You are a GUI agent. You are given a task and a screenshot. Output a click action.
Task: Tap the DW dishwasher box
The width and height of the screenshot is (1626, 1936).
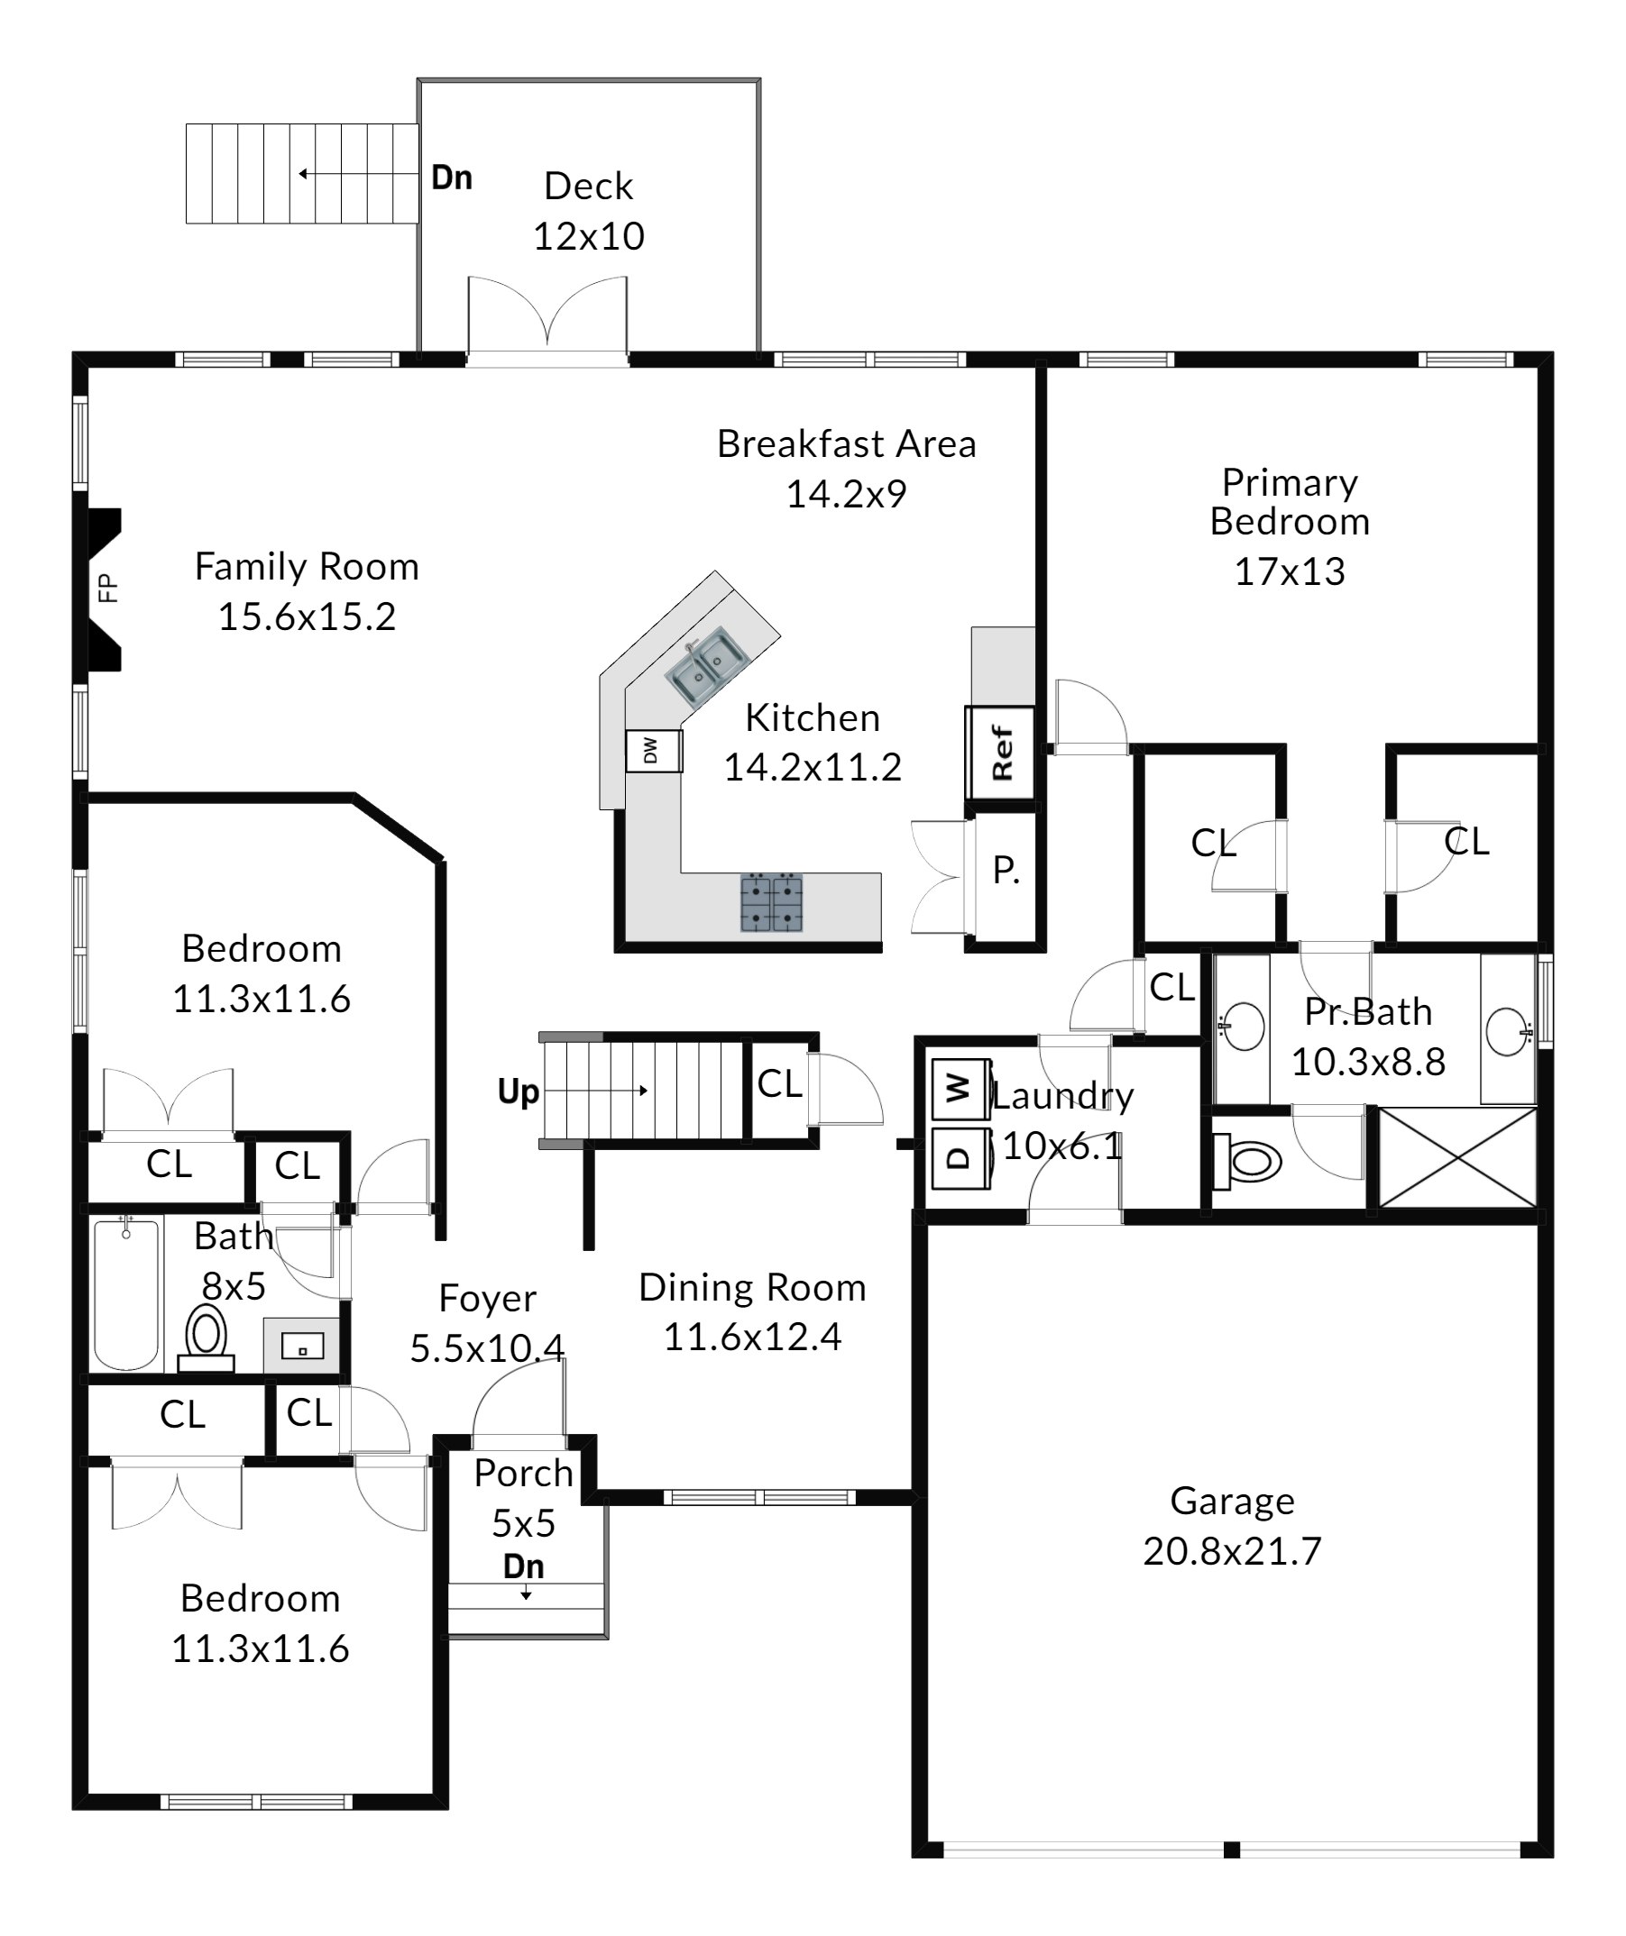[x=654, y=752]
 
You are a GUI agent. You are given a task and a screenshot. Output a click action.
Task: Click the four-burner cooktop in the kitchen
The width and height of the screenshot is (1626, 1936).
[x=772, y=902]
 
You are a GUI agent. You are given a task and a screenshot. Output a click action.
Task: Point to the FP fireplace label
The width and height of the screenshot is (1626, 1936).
[x=109, y=589]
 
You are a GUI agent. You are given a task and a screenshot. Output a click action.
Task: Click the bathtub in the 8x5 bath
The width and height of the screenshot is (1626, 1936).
[x=126, y=1293]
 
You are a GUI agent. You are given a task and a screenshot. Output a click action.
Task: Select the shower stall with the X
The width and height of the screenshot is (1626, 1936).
[x=1457, y=1158]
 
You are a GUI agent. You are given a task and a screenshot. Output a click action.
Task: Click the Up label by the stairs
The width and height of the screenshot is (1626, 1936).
[x=519, y=1091]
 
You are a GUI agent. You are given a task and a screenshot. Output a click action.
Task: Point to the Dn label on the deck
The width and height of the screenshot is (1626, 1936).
[x=452, y=178]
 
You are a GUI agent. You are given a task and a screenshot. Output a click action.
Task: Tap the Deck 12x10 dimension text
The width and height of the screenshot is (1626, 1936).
[x=588, y=237]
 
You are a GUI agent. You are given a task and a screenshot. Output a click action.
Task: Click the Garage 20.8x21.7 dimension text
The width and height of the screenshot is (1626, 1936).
[x=1232, y=1551]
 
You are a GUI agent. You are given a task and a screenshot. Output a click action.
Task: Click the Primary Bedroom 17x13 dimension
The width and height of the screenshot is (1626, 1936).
[x=1290, y=571]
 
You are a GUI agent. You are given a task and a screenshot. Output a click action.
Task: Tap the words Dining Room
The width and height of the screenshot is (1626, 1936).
[x=753, y=1288]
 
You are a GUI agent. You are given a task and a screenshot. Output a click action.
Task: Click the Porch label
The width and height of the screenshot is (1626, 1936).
[x=524, y=1475]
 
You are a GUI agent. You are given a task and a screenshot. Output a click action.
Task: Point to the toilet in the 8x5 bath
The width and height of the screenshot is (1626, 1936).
[x=207, y=1339]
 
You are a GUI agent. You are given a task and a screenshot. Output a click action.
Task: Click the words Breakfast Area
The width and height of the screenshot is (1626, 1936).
[x=847, y=444]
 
